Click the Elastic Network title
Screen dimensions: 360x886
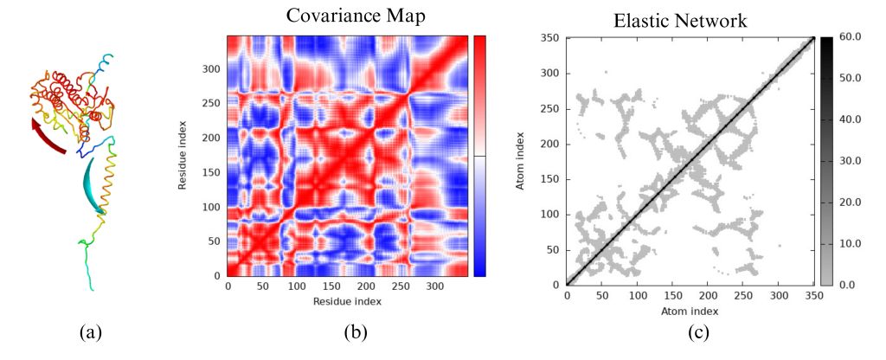(x=679, y=19)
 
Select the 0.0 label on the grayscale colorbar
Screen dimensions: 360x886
(x=850, y=283)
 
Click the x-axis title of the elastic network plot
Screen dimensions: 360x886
(x=690, y=311)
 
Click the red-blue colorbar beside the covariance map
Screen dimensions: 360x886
(x=480, y=156)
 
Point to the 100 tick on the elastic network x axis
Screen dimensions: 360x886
(x=637, y=295)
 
